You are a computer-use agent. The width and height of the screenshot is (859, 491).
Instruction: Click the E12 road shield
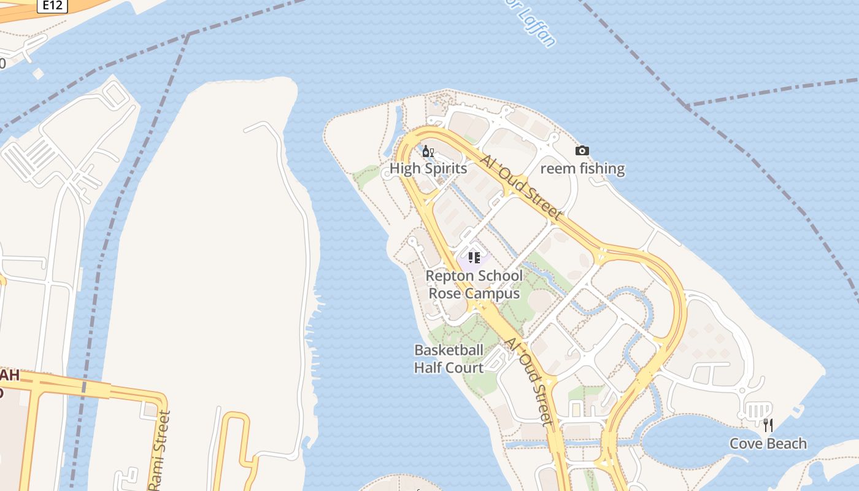pyautogui.click(x=52, y=6)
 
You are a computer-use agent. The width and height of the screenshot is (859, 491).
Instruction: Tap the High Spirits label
pyautogui.click(x=428, y=168)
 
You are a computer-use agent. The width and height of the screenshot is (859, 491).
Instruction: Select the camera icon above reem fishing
pyautogui.click(x=582, y=150)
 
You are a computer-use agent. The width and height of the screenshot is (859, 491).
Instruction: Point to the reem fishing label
pyautogui.click(x=582, y=168)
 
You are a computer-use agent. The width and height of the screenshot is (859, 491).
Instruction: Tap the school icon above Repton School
pyautogui.click(x=474, y=257)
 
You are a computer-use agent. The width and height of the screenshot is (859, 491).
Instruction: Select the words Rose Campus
pyautogui.click(x=474, y=293)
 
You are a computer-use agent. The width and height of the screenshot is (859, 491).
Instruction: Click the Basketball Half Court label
pyautogui.click(x=449, y=358)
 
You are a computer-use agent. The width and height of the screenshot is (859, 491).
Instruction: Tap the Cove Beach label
pyautogui.click(x=768, y=443)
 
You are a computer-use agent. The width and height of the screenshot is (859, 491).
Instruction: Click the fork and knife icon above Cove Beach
pyautogui.click(x=768, y=425)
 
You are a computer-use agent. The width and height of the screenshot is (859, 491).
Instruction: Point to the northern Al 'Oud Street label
pyautogui.click(x=522, y=188)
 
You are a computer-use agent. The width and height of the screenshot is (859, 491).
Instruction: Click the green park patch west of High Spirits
pyautogui.click(x=367, y=176)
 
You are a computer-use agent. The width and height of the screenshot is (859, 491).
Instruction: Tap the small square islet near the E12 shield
pyautogui.click(x=38, y=74)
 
